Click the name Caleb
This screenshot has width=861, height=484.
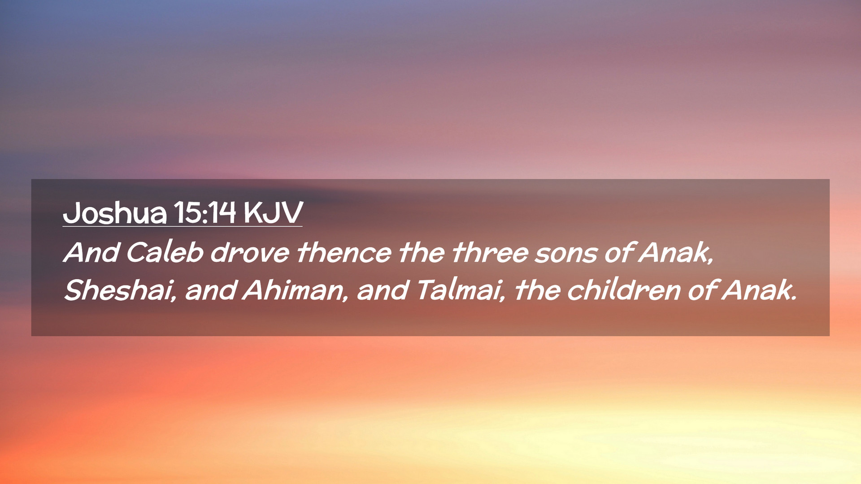coord(165,252)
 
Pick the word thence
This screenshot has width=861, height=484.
coord(344,252)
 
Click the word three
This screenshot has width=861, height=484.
coord(490,252)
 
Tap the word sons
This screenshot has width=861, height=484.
coord(566,254)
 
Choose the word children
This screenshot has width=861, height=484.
coord(624,290)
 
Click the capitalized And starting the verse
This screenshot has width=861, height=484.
coord(91,252)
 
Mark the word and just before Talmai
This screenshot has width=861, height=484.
coord(383,290)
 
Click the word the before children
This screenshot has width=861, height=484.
coord(537,290)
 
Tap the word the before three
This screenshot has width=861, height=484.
coord(422,252)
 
